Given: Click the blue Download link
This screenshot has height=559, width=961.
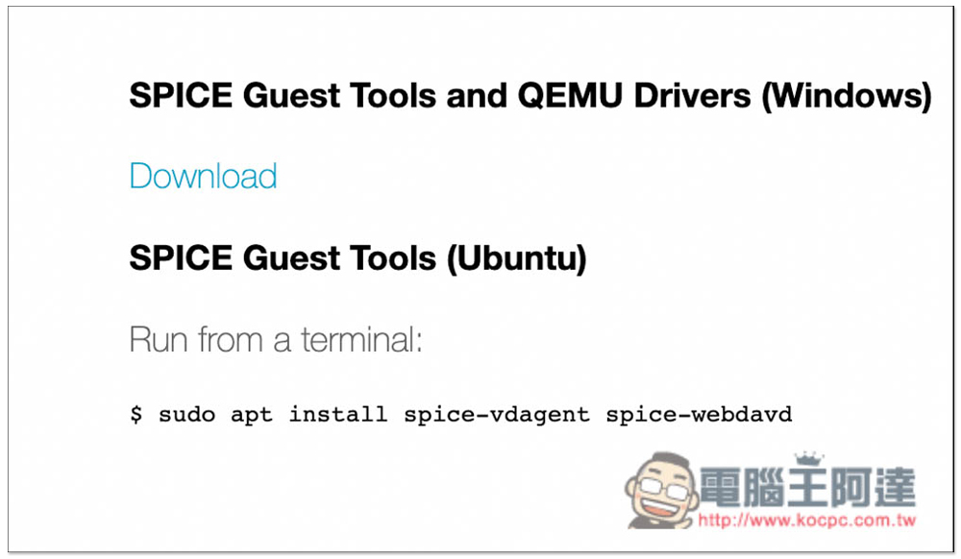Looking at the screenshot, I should click(203, 177).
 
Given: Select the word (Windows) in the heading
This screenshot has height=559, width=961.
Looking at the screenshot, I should click(846, 97).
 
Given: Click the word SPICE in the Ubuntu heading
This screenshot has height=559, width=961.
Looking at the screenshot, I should click(180, 259).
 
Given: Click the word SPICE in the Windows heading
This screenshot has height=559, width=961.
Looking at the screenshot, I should click(180, 96).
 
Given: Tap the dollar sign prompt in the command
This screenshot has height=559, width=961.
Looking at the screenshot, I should click(136, 415).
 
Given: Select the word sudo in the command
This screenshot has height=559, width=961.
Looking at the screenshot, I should click(187, 415).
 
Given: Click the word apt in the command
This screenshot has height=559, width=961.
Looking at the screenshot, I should click(252, 415).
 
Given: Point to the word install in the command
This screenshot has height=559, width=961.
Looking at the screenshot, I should click(338, 415).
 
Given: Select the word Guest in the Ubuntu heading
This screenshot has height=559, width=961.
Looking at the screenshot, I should click(285, 259).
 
